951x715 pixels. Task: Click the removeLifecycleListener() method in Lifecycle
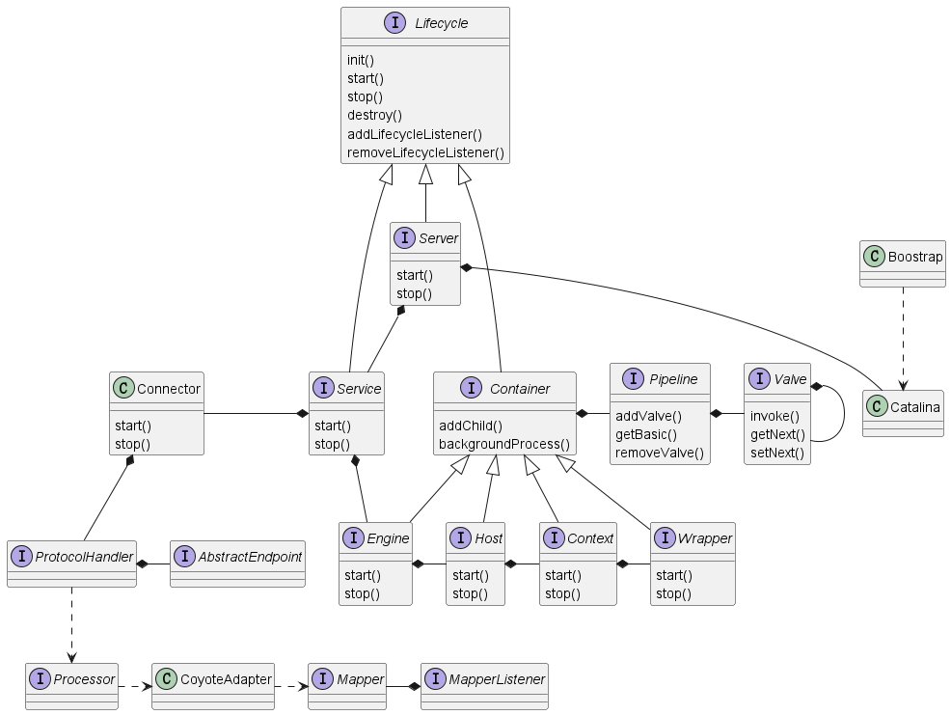(x=425, y=152)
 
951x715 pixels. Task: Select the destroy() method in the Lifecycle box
(x=374, y=115)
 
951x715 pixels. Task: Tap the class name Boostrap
(x=915, y=257)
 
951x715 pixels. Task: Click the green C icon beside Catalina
(x=877, y=406)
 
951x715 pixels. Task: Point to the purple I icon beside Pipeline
(x=633, y=378)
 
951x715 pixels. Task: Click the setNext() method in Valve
(x=777, y=453)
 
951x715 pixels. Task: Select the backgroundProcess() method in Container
(x=504, y=444)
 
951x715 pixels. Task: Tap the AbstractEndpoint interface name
(x=250, y=557)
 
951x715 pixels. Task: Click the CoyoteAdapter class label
(x=226, y=679)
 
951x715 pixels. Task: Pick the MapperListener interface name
(x=497, y=679)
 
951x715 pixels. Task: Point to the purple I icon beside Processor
(x=41, y=678)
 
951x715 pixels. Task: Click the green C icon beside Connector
(x=123, y=388)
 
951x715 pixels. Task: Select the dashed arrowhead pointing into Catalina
(x=903, y=385)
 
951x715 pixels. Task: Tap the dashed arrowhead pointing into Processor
(x=71, y=658)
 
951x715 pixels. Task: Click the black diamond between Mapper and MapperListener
(x=414, y=686)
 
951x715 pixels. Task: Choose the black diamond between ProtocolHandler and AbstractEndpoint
(x=143, y=564)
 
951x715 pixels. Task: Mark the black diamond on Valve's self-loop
(x=817, y=386)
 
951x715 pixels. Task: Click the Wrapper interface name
(x=705, y=538)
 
